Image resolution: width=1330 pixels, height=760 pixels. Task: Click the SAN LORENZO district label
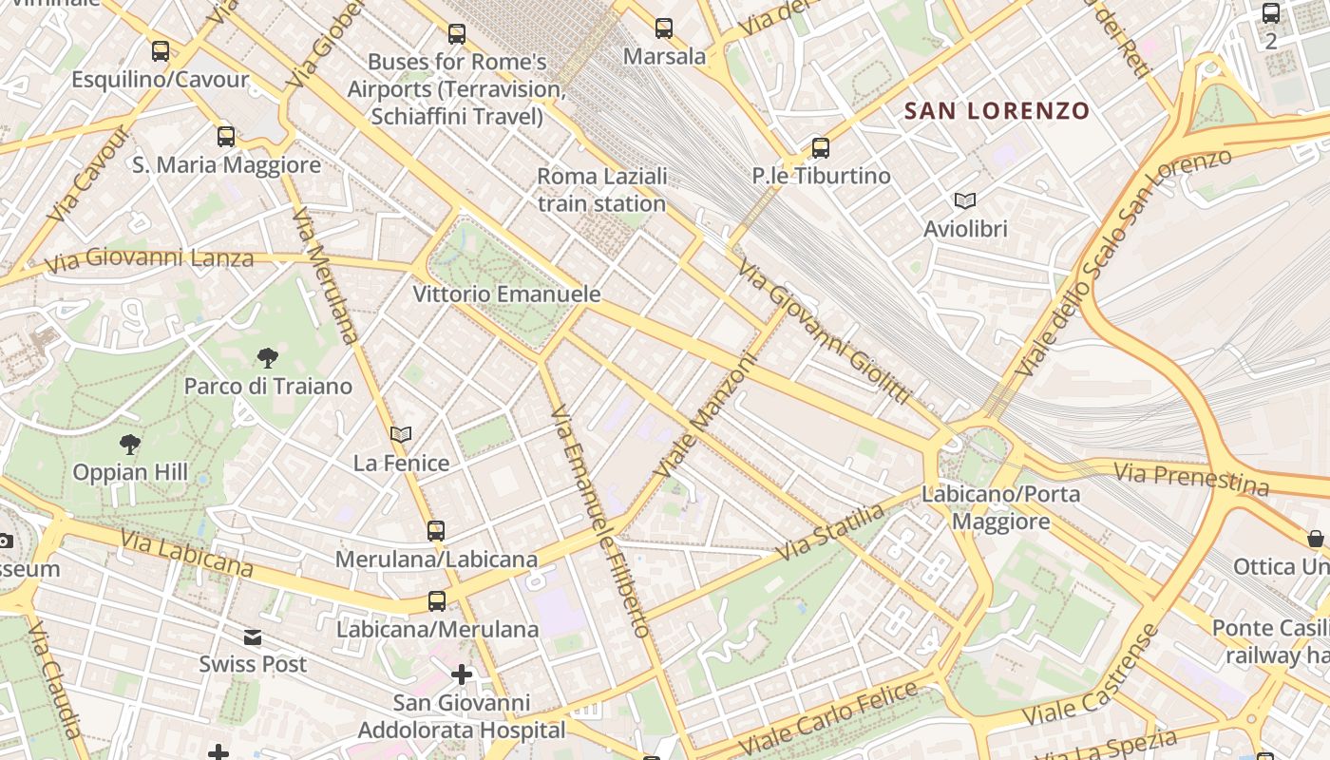(997, 111)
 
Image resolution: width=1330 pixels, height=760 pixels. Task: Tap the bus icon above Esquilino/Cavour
(161, 51)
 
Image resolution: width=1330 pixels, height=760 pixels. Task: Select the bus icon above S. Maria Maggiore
(226, 136)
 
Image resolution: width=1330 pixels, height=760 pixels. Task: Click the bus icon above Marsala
(664, 28)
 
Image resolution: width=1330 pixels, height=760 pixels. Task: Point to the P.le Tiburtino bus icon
(821, 148)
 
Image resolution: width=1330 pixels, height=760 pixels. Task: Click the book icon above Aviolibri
(965, 200)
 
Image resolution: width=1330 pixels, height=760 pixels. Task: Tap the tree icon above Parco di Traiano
(268, 358)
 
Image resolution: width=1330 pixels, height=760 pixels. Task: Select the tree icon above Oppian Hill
(130, 444)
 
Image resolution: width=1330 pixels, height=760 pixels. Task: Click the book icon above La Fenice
(401, 434)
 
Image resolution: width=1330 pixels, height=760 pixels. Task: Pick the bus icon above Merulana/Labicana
(436, 530)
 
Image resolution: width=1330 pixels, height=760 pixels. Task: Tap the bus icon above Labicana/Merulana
(437, 600)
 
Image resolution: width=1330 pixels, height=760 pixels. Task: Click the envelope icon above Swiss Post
(253, 636)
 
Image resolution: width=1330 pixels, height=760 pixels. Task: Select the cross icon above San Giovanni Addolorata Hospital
(462, 674)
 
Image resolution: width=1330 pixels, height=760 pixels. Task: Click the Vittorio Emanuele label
(506, 294)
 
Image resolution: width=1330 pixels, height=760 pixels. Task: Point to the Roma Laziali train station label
(602, 190)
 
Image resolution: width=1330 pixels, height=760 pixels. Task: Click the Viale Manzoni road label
(707, 416)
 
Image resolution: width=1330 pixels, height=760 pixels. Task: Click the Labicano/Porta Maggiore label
(1000, 507)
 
